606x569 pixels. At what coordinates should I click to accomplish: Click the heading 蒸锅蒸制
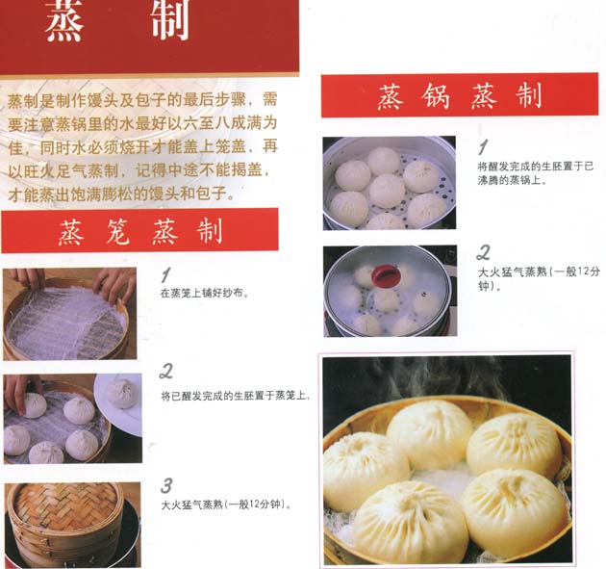pyautogui.click(x=460, y=96)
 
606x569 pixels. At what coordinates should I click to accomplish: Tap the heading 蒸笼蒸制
pyautogui.click(x=140, y=231)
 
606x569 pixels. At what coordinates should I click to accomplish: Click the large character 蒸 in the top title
pyautogui.click(x=64, y=20)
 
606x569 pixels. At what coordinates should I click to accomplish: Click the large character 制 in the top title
pyautogui.click(x=170, y=19)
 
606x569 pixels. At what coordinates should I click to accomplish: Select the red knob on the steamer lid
pyautogui.click(x=384, y=274)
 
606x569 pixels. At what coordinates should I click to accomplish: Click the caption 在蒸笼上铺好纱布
pyautogui.click(x=204, y=294)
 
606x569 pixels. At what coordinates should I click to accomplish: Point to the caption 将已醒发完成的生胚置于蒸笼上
pyautogui.click(x=236, y=396)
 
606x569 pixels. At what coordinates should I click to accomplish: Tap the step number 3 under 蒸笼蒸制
pyautogui.click(x=166, y=485)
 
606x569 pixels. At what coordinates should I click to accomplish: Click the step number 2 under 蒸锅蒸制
pyautogui.click(x=483, y=252)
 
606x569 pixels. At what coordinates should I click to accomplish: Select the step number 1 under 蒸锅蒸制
pyautogui.click(x=483, y=147)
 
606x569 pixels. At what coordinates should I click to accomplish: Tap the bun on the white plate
pyautogui.click(x=121, y=393)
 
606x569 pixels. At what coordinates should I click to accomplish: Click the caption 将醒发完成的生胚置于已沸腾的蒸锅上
pyautogui.click(x=536, y=173)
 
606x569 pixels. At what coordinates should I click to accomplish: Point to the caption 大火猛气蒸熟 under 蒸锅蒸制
pyautogui.click(x=539, y=278)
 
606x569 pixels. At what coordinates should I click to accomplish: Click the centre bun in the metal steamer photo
pyautogui.click(x=387, y=191)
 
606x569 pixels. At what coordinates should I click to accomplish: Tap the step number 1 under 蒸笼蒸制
pyautogui.click(x=165, y=275)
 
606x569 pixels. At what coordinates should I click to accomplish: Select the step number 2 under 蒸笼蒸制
pyautogui.click(x=166, y=371)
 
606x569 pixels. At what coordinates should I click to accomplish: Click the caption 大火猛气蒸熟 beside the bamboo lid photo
pyautogui.click(x=226, y=504)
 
